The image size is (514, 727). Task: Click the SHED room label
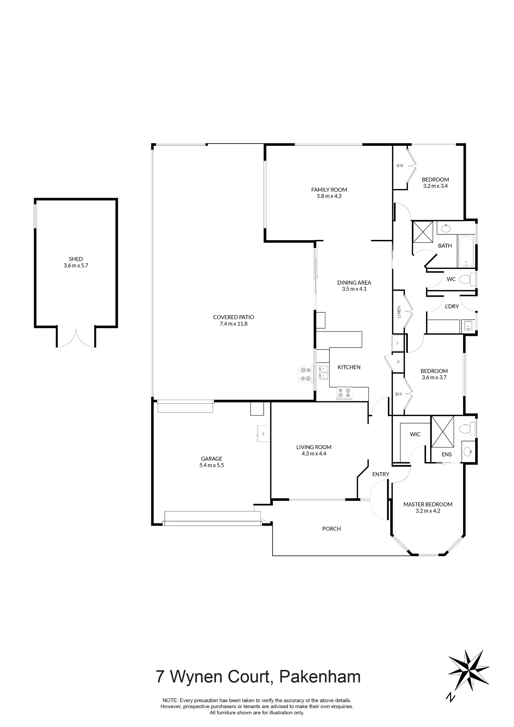(x=76, y=259)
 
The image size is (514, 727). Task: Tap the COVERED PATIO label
(x=233, y=317)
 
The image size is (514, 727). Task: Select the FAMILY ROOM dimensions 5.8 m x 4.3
(x=329, y=196)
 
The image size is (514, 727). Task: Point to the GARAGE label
(x=212, y=459)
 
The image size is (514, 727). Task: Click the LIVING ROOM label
(x=314, y=447)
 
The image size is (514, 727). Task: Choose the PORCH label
(x=332, y=529)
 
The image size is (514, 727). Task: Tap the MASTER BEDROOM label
(x=428, y=504)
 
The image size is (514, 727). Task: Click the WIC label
(x=415, y=434)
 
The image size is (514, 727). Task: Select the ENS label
(x=447, y=454)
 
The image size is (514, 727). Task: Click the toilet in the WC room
(x=467, y=279)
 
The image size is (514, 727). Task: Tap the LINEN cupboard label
(x=399, y=312)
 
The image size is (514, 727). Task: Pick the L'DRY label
(x=452, y=306)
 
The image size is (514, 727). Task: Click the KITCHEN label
(x=349, y=367)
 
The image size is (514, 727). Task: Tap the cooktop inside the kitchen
(x=345, y=393)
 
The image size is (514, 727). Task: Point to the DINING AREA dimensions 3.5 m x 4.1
(x=354, y=289)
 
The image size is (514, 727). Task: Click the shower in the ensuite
(x=442, y=431)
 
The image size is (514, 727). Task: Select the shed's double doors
(x=76, y=338)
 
